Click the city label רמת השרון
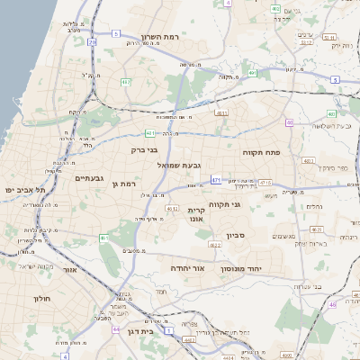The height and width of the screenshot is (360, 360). pos(163,37)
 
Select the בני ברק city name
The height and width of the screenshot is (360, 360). pos(144,150)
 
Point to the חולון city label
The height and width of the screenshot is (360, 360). pos(43,298)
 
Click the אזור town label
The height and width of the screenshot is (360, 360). pos(70,269)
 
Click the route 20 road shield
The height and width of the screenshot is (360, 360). pos(92,41)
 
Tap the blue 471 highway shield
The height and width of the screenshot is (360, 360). pos(216,180)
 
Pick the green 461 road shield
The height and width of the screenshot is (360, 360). pos(104,238)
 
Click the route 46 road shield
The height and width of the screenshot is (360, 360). pos(332,305)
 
